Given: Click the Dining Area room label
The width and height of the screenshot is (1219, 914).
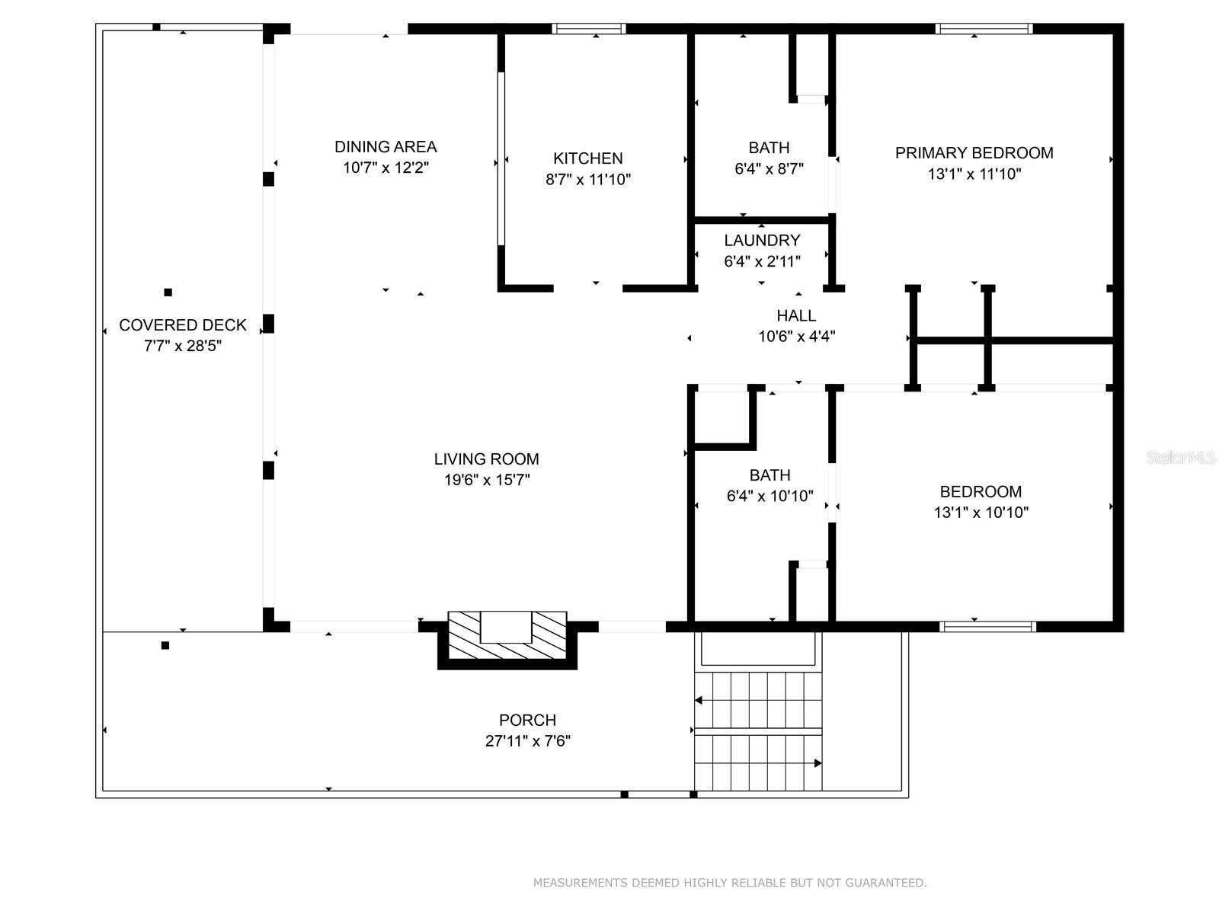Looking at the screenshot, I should click(386, 147).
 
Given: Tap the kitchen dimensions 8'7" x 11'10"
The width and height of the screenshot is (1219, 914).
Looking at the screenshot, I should click(588, 180).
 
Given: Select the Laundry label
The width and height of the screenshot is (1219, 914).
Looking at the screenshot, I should click(762, 241).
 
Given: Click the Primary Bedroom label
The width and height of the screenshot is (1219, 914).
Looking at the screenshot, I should click(974, 153).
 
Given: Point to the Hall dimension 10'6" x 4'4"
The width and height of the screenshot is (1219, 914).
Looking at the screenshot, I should click(797, 337).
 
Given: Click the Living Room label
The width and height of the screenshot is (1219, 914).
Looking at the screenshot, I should click(486, 459).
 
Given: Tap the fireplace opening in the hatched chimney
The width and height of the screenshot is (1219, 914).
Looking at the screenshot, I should click(506, 627).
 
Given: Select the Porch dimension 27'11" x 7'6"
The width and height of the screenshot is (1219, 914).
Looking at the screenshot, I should click(527, 741).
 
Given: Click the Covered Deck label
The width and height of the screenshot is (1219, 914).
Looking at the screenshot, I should click(183, 325).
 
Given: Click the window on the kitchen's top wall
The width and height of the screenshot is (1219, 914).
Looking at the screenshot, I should click(589, 29).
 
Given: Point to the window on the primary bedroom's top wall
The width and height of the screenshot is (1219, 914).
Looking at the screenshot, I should click(984, 29).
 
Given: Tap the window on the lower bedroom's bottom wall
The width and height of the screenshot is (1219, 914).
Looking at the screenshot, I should click(987, 627).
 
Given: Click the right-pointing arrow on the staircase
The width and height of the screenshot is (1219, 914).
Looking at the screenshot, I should click(817, 763).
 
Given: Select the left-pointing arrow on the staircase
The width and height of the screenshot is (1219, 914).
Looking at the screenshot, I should click(699, 700).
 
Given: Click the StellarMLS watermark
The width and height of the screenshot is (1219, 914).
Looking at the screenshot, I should click(1180, 458).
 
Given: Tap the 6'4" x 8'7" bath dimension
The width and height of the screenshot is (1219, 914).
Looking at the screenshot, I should click(769, 169).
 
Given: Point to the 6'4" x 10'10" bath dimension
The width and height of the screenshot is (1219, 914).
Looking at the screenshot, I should click(769, 497).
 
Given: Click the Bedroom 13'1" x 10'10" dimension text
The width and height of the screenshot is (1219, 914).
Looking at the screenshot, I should click(981, 513).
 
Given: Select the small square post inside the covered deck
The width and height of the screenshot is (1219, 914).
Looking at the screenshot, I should click(168, 292).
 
